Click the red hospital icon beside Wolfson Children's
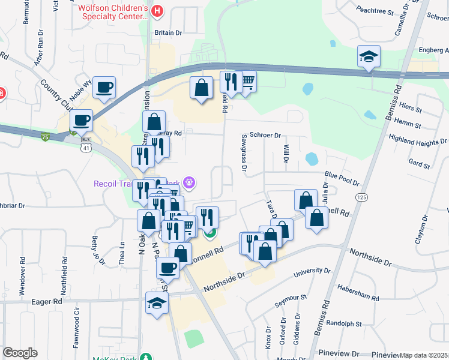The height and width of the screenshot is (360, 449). click(x=157, y=10)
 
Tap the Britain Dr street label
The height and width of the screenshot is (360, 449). click(x=168, y=33)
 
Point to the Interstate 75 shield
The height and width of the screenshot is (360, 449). click(x=46, y=137)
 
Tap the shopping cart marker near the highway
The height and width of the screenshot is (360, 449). click(x=247, y=82)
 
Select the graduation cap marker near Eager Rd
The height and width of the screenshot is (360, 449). click(x=157, y=302)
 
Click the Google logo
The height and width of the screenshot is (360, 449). click(x=20, y=353)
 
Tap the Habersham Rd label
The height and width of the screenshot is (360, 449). click(x=358, y=294)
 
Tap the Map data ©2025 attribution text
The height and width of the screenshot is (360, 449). click(x=423, y=355)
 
